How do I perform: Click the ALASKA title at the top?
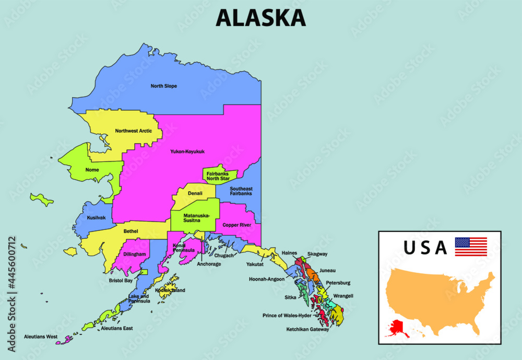(260, 17)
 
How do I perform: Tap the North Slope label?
(163, 86)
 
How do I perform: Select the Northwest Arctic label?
(134, 131)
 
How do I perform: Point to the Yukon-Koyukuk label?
(187, 152)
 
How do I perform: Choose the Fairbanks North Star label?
(218, 176)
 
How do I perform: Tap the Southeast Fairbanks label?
(241, 191)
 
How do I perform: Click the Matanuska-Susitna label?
(196, 218)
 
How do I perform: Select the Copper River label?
(237, 225)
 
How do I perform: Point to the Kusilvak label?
(96, 217)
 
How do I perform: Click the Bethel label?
(130, 231)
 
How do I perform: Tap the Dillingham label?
(135, 254)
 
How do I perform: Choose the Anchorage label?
(209, 264)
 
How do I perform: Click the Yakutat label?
(255, 264)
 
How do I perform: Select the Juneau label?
(327, 271)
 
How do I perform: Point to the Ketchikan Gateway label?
(307, 330)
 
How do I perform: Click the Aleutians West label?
(40, 336)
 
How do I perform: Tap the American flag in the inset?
(470, 247)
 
